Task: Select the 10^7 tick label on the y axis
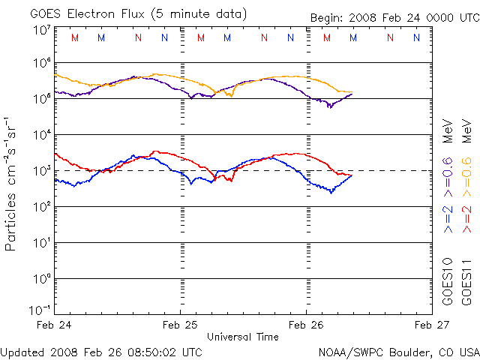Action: (41, 31)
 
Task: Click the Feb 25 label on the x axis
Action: (180, 325)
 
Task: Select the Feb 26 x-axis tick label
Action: (306, 325)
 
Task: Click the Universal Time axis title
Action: (243, 337)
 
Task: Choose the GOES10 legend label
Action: (448, 281)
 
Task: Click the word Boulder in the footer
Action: (392, 351)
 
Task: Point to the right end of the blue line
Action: (351, 175)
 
